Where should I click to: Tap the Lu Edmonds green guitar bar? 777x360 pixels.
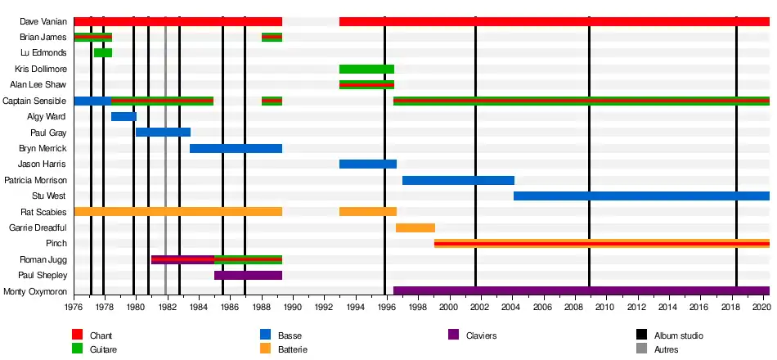coord(103,53)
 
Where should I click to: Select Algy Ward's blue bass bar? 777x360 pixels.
coord(124,117)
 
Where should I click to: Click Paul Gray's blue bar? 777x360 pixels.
coord(163,133)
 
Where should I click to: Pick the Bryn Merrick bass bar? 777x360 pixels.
coord(236,149)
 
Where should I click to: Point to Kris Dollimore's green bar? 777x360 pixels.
coord(366,69)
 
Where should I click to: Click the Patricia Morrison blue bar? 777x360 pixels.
coord(458,180)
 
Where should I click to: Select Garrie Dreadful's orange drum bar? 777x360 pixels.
coord(415,227)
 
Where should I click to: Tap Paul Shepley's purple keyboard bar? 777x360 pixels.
coord(248,276)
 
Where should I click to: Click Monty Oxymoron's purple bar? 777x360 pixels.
coord(581,291)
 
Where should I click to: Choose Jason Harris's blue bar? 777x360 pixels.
coord(367,164)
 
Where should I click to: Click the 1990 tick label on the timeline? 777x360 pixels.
coord(292,308)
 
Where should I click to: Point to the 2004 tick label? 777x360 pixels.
coord(511,308)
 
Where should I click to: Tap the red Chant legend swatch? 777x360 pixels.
coord(78,335)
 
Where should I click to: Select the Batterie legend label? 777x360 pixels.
coord(293,350)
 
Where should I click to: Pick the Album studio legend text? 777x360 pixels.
coord(678,335)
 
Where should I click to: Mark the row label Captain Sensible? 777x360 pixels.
coord(35,101)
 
